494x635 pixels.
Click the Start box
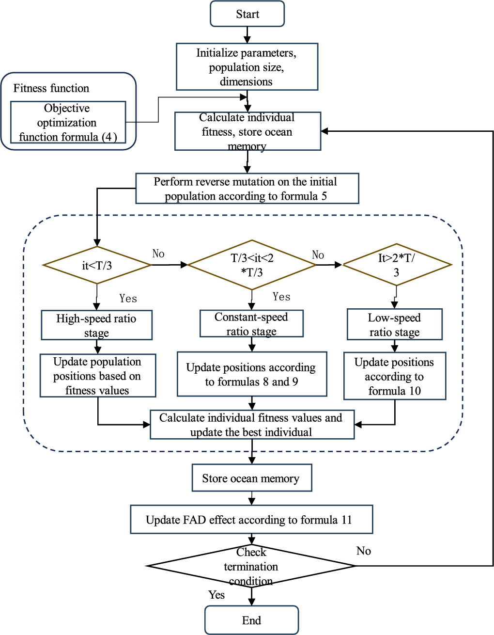point(247,14)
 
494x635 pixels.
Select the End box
point(251,620)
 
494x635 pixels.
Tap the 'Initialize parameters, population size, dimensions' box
point(247,67)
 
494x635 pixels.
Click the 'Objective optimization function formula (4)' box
point(68,123)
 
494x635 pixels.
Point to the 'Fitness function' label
point(51,88)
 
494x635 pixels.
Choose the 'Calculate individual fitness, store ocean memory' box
point(247,131)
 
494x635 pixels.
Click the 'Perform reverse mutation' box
point(247,189)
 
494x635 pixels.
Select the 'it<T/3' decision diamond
point(97,265)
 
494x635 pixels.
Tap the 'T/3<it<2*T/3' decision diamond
point(252,265)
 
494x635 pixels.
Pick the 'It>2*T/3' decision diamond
point(397,265)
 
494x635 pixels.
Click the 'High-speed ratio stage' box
point(96,325)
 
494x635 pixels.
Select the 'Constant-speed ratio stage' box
point(251,324)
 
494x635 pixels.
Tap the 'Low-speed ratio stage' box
point(394,325)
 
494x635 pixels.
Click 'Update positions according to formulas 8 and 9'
point(251,374)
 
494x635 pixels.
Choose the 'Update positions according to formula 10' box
point(394,376)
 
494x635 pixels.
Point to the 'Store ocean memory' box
point(251,478)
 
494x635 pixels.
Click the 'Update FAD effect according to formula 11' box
point(251,520)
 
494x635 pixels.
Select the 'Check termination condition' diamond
point(251,566)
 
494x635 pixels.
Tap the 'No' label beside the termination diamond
point(364,551)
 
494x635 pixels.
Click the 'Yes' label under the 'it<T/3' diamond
point(128,299)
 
